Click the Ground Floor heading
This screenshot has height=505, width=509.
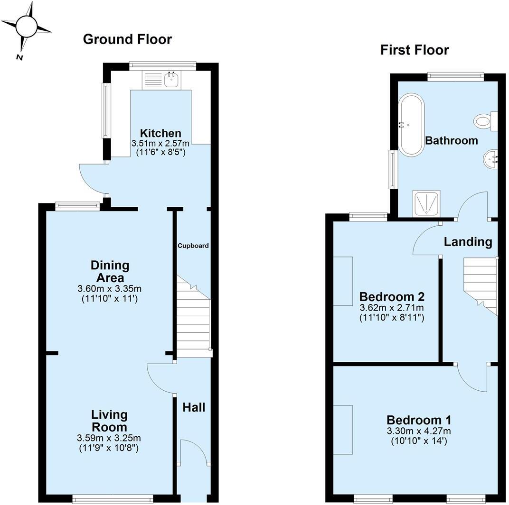click(x=127, y=39)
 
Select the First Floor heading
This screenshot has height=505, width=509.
click(x=414, y=50)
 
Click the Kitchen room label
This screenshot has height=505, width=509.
click(x=160, y=133)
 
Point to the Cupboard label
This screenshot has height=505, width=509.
click(x=193, y=246)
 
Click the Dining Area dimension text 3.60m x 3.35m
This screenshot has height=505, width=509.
click(x=110, y=288)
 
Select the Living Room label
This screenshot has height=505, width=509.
click(x=109, y=421)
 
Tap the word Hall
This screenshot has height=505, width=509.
click(x=194, y=407)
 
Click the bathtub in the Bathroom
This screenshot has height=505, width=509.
click(x=411, y=125)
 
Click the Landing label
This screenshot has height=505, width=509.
click(x=468, y=242)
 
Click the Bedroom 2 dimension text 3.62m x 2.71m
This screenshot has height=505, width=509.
click(x=391, y=308)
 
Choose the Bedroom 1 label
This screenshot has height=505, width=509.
click(x=418, y=420)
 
